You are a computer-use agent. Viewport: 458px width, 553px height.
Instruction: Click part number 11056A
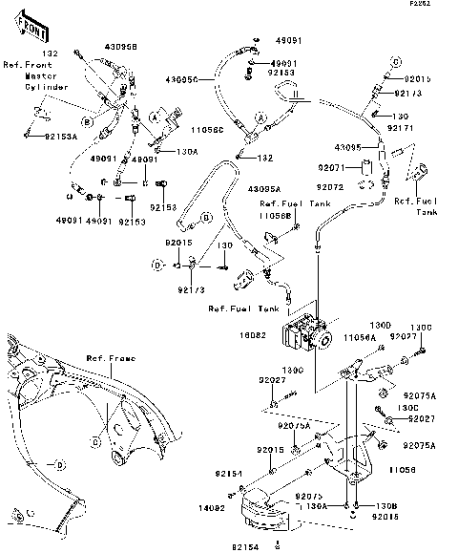click(x=358, y=338)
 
